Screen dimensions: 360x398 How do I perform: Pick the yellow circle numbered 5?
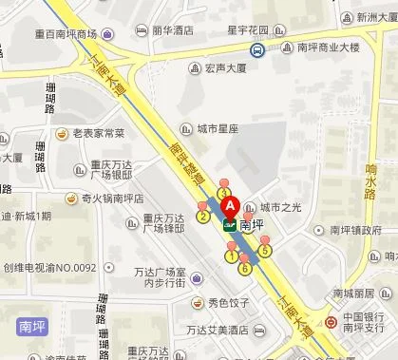coord(265,251)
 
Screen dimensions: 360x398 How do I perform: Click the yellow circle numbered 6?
coord(245,269)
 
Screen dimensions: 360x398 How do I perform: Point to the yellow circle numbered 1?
coord(231,256)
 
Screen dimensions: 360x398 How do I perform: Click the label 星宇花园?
coord(250,31)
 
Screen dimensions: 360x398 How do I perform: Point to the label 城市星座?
coord(218,126)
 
